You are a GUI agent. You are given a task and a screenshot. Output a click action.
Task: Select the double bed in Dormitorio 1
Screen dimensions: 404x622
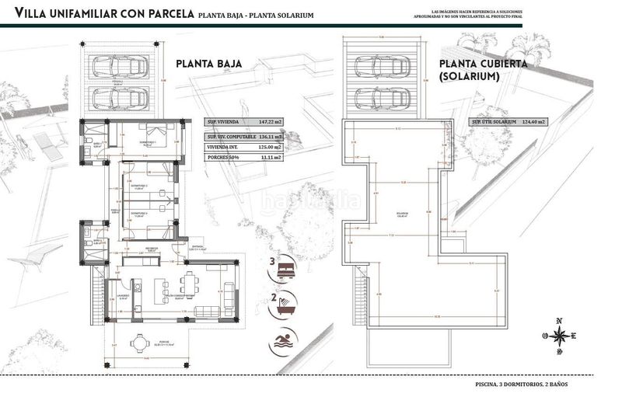click(150, 133)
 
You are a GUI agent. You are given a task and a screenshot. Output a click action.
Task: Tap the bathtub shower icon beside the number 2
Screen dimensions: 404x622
click(284, 305)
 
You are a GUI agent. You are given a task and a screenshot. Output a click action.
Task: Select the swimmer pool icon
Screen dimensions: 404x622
click(284, 341)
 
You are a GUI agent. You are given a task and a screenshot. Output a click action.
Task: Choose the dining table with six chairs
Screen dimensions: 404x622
click(189, 284)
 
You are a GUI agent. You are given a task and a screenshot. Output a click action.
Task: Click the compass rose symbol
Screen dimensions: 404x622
click(559, 336)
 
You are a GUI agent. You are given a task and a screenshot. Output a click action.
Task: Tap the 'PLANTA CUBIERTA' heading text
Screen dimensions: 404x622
click(484, 64)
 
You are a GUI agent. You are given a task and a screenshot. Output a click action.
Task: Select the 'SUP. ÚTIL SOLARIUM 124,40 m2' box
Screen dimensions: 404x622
click(508, 123)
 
